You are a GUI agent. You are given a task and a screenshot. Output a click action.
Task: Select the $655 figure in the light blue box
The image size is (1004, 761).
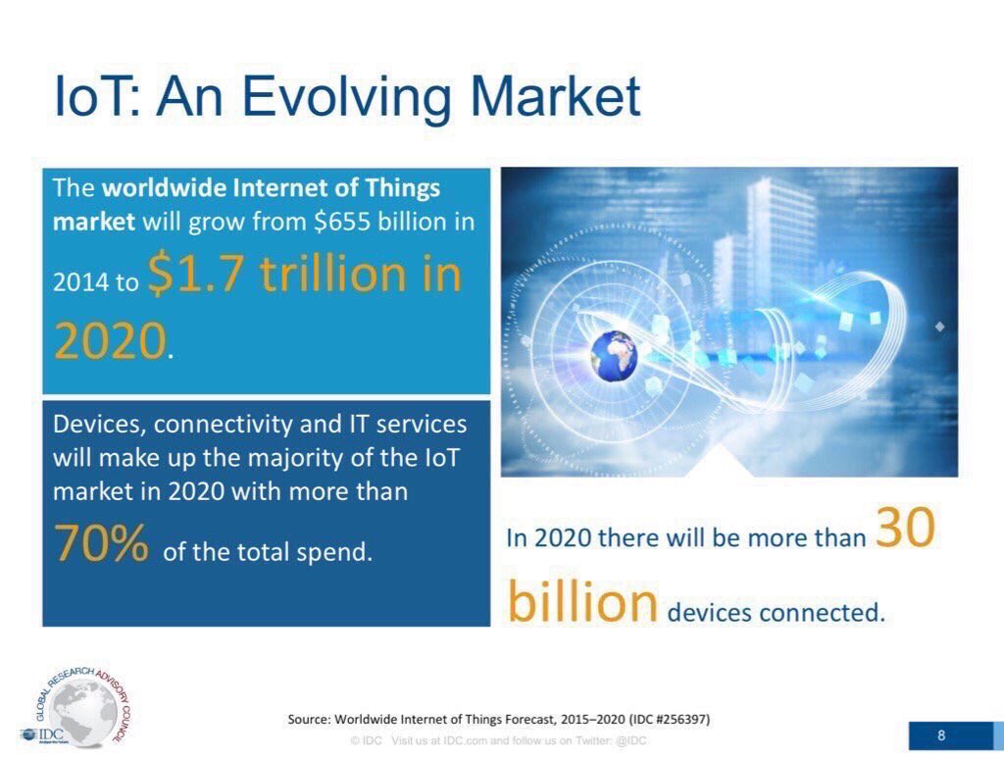342,222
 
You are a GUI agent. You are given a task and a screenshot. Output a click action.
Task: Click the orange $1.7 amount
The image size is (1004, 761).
196,274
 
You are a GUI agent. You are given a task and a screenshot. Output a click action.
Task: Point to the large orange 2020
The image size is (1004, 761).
110,341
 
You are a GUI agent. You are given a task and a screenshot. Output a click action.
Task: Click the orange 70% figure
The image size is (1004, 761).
101,542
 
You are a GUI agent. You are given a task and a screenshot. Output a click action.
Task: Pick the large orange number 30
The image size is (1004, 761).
905,528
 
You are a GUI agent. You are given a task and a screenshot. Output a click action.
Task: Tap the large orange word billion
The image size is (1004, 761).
582,602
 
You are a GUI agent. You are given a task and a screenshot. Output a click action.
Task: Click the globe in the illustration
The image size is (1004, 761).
614,356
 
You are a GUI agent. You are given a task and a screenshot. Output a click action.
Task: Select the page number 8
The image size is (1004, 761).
941,735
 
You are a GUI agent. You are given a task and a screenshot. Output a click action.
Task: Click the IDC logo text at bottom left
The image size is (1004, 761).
51,734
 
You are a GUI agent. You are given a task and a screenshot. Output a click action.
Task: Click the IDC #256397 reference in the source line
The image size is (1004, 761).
670,719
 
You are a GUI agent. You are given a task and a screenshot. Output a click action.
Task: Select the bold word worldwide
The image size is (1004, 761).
165,188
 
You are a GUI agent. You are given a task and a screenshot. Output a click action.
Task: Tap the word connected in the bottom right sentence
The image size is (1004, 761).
823,613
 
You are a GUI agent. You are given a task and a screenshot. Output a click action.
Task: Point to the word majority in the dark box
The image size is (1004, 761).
295,459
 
